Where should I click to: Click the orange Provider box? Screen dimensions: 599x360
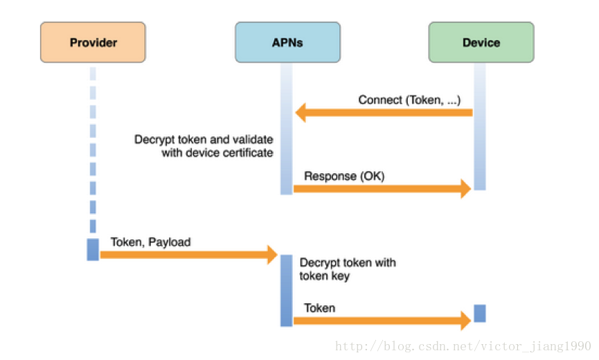(93, 42)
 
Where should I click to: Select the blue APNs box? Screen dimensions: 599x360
(287, 42)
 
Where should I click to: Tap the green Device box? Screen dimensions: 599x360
(481, 42)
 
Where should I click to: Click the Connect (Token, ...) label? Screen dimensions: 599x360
(409, 100)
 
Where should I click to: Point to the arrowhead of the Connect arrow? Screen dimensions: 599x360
(301, 113)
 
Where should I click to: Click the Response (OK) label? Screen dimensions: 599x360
(344, 176)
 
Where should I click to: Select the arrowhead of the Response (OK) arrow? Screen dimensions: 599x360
(466, 188)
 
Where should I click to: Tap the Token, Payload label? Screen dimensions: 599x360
(150, 242)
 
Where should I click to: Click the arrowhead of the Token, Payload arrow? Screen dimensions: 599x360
(273, 255)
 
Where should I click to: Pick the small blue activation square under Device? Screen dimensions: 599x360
(480, 314)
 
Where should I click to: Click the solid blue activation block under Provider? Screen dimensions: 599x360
(93, 250)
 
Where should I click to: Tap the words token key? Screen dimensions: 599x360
(324, 276)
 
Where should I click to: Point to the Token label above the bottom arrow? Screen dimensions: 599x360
(320, 308)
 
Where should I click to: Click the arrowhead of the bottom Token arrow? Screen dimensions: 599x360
(466, 321)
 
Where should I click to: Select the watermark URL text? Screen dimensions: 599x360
(463, 346)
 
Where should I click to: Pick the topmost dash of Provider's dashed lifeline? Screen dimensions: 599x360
(93, 73)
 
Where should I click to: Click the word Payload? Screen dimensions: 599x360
(170, 242)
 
